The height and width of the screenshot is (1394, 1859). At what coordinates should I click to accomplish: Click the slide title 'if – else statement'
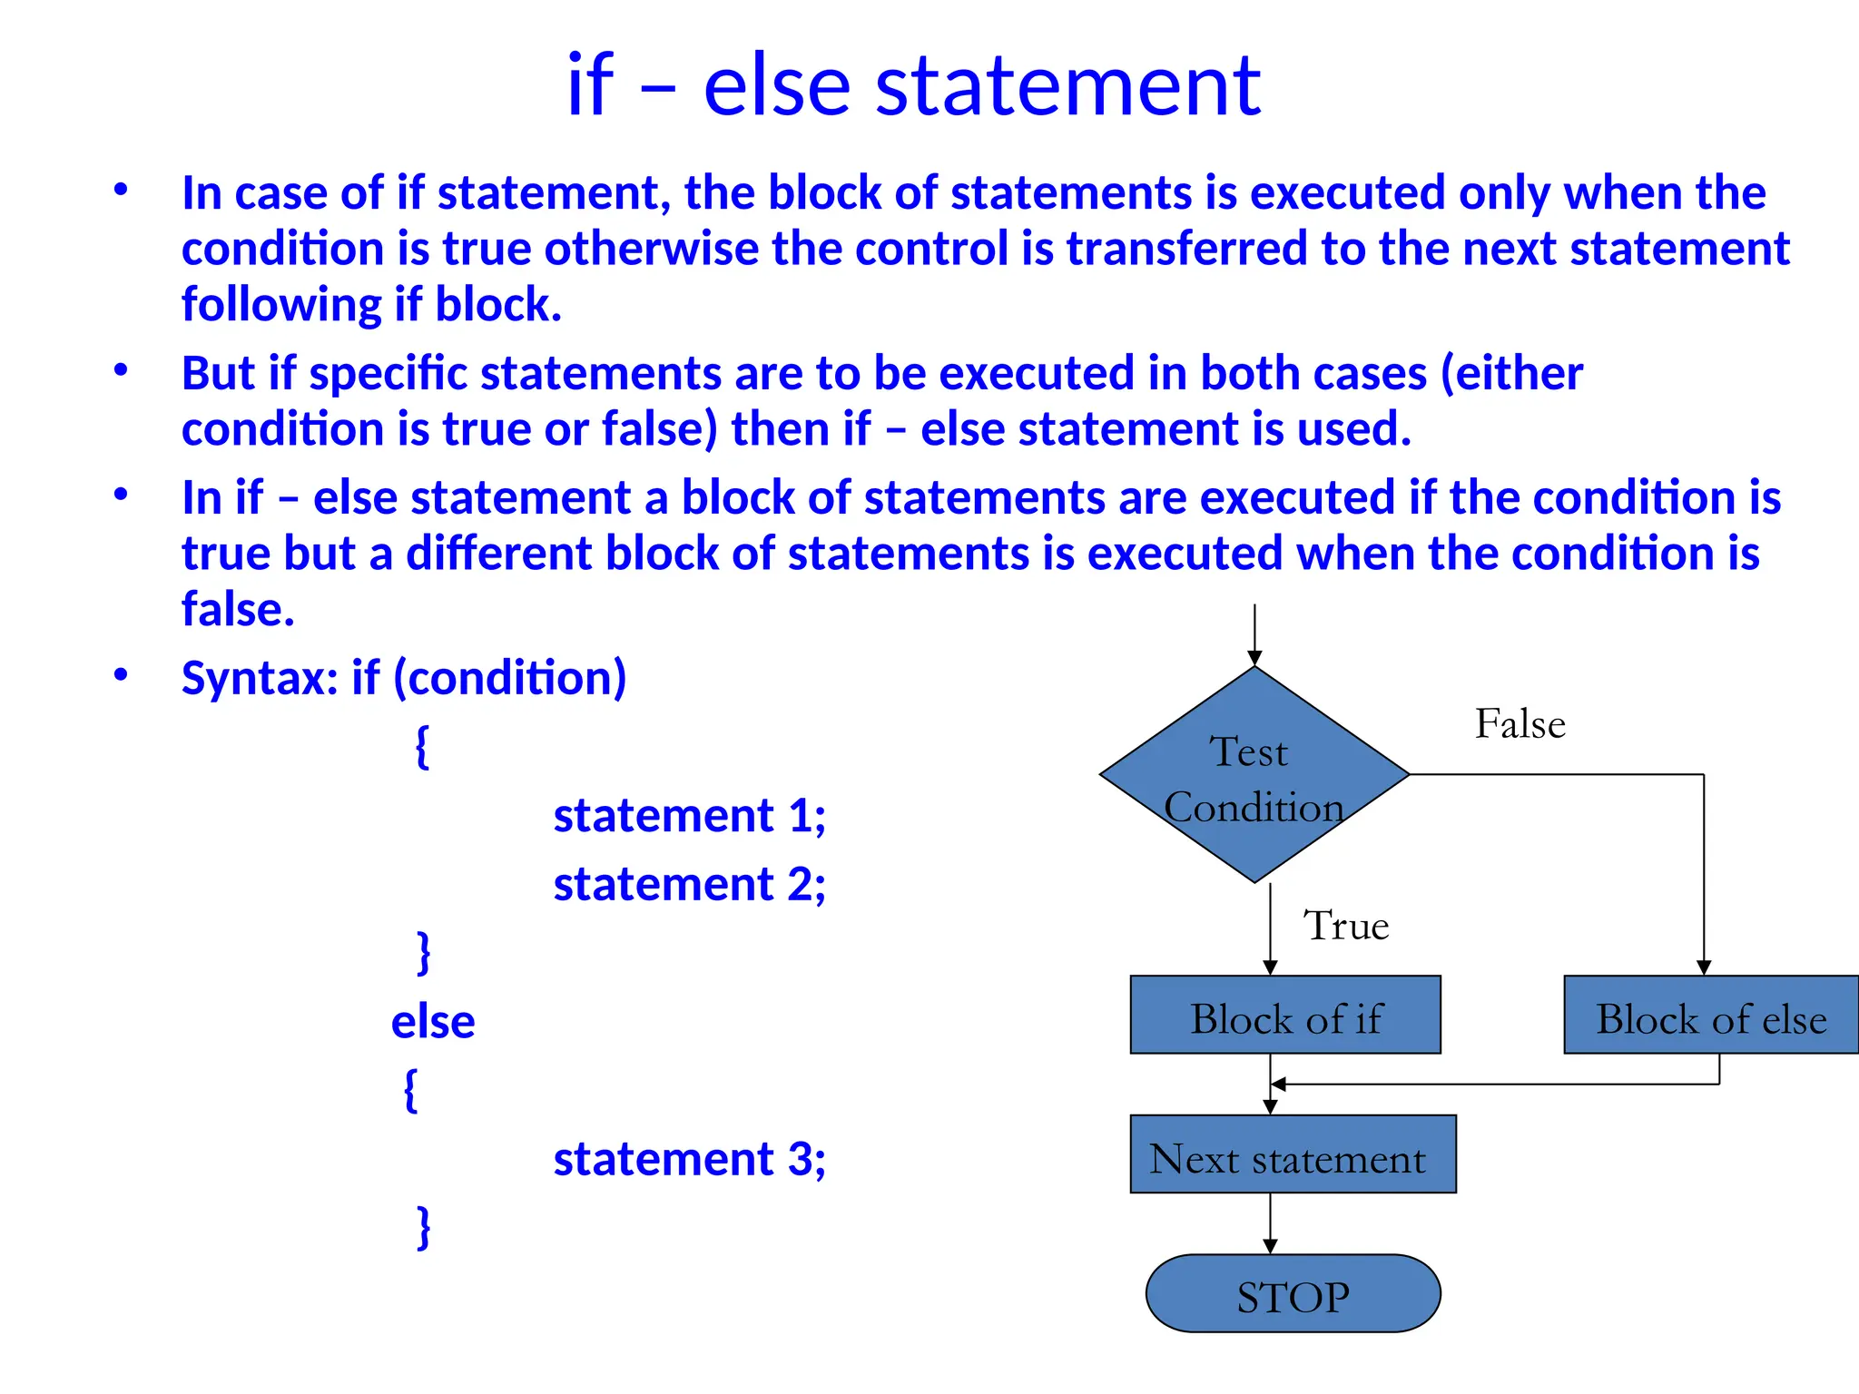[913, 86]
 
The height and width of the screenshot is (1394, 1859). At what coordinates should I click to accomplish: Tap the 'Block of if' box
[1285, 1016]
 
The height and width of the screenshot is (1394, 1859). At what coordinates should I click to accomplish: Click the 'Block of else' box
[1710, 1016]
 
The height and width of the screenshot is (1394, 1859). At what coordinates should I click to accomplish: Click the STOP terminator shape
[1293, 1294]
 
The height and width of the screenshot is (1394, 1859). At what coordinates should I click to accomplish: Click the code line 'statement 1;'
[689, 815]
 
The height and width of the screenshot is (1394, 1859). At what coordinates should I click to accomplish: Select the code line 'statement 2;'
[689, 884]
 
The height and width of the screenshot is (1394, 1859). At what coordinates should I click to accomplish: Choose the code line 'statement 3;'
[689, 1159]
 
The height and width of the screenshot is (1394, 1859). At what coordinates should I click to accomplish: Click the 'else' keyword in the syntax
[433, 1022]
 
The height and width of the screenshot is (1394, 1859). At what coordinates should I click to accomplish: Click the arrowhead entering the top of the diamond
[1254, 658]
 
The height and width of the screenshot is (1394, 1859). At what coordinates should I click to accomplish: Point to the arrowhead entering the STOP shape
[1270, 1246]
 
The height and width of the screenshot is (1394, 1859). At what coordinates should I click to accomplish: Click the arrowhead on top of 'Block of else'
[1704, 967]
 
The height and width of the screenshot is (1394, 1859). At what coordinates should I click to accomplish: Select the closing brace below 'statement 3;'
[423, 1228]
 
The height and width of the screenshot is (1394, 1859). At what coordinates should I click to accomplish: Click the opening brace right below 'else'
[410, 1090]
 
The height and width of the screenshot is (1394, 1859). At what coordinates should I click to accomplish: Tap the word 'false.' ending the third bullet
[238, 609]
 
